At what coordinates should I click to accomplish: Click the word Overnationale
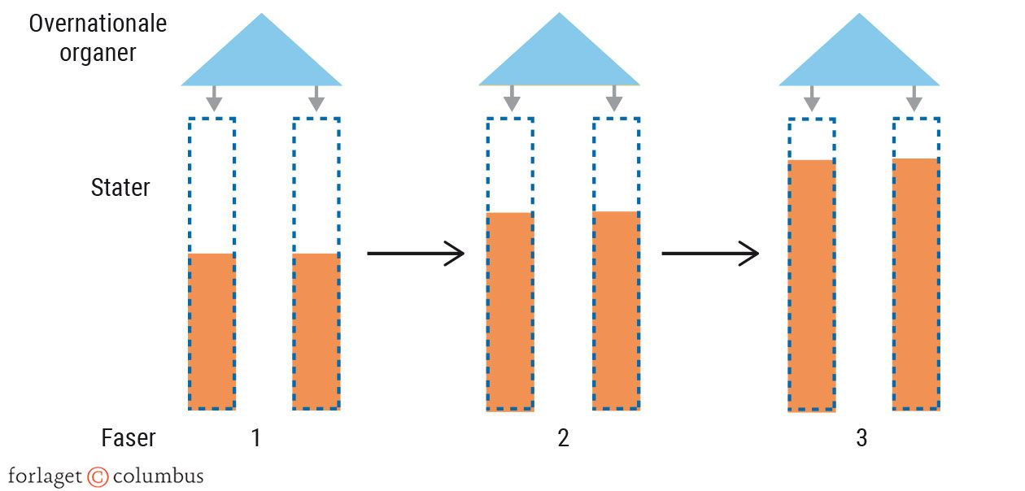coord(98,24)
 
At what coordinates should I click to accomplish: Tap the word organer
coord(98,54)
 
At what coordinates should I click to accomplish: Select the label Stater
coord(120,188)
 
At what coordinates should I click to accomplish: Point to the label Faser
coord(129,438)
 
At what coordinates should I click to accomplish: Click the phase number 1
coord(256,438)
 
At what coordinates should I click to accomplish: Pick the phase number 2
coord(563,438)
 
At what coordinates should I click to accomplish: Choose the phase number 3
coord(861,438)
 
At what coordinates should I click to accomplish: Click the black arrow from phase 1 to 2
coord(416,254)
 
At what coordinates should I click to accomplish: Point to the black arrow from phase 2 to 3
coord(710,254)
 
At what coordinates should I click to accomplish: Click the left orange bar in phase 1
coord(212,331)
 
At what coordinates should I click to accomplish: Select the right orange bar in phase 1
coord(316,331)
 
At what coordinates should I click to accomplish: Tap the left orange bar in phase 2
coord(510,311)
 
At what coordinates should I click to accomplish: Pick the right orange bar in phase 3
coord(916,284)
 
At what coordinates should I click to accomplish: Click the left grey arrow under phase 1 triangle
coord(213,99)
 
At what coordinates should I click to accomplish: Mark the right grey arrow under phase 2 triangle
coord(614,99)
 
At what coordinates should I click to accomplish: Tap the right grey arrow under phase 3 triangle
coord(914,99)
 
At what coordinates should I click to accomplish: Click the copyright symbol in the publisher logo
coord(98,476)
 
